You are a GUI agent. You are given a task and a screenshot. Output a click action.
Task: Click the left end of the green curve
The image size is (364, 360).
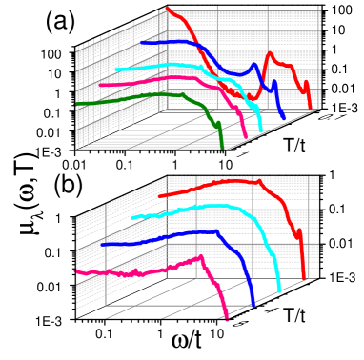tap(79, 104)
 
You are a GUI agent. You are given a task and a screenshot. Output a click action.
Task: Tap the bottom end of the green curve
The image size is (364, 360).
tap(223, 149)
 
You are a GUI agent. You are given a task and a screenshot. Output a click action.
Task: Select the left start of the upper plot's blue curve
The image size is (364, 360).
tap(141, 42)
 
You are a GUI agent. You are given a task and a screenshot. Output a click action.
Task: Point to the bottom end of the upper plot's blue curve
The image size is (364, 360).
tap(283, 120)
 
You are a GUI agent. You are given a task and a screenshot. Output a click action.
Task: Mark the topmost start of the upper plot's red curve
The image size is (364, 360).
tap(168, 9)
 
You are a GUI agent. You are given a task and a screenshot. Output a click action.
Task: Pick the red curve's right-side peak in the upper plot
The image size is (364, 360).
tap(270, 53)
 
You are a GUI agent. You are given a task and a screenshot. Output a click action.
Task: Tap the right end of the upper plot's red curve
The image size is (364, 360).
tap(311, 109)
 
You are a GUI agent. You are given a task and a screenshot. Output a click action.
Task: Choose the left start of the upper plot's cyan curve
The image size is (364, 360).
tap(116, 70)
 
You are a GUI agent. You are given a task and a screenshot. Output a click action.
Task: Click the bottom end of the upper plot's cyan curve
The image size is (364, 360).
tap(260, 132)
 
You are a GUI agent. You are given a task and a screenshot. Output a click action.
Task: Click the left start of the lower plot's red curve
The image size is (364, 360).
tap(159, 196)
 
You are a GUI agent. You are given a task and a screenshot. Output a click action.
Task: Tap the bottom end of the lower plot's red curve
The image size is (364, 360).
tap(304, 278)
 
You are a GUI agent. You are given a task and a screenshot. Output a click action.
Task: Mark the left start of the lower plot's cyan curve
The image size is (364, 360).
tap(132, 218)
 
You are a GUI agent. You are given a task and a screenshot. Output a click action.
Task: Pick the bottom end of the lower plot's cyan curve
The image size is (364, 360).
tap(279, 290)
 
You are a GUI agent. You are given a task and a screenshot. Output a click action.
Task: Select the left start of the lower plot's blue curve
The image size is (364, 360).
tap(102, 245)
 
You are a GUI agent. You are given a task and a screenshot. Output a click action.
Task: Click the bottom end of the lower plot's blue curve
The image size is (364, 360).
tap(253, 306)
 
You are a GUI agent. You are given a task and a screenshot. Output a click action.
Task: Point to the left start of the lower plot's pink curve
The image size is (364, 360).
tap(78, 272)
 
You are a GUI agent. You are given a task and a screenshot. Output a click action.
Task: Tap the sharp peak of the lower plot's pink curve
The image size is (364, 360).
tap(200, 255)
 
